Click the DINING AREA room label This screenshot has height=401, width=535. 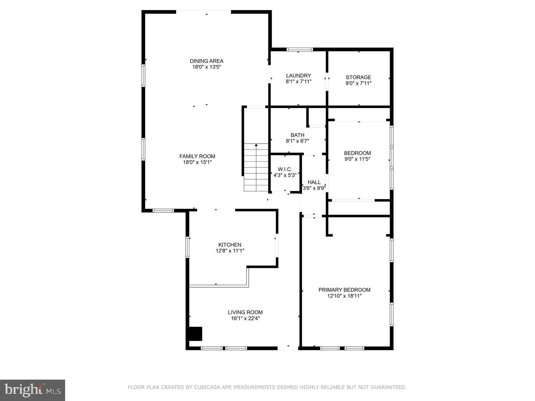[x=207, y=61]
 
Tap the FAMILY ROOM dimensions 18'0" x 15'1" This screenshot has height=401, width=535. [x=197, y=162]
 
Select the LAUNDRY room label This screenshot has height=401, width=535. [x=298, y=75]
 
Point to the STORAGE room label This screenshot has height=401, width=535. [x=358, y=77]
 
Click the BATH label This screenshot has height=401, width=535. [x=298, y=135]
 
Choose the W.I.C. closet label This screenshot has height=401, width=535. [x=285, y=169]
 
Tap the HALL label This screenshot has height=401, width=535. [x=314, y=182]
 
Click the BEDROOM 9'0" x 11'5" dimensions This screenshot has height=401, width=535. [x=358, y=159]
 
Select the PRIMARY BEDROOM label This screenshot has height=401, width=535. [x=344, y=290]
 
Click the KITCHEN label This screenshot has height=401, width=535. [x=230, y=245]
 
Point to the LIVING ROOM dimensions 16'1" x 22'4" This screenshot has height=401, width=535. [x=245, y=318]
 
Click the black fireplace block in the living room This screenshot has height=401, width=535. [x=196, y=334]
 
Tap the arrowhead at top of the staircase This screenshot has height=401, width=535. [x=256, y=145]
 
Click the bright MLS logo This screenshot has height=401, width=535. [x=32, y=390]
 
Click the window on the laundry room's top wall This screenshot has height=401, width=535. [x=300, y=49]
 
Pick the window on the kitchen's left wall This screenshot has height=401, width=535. [x=188, y=247]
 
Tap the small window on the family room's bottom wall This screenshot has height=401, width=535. [x=163, y=211]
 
